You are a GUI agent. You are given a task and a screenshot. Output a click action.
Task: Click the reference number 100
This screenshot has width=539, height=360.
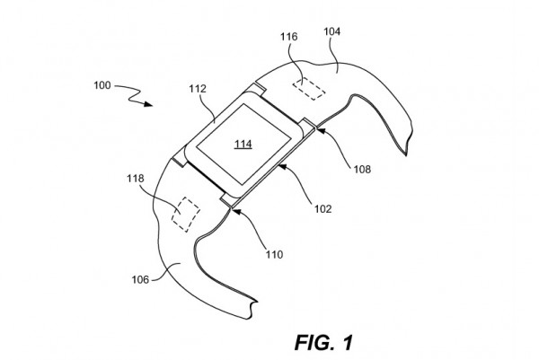pyautogui.click(x=102, y=85)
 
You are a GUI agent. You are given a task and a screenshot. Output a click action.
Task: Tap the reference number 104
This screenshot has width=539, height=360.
pyautogui.click(x=332, y=31)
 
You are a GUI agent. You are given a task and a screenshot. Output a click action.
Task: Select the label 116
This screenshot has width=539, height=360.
pyautogui.click(x=288, y=37)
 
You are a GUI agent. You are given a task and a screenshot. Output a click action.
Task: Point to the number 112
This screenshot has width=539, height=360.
pyautogui.click(x=198, y=89)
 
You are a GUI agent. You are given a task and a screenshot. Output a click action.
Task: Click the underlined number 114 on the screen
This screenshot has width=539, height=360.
pyautogui.click(x=243, y=144)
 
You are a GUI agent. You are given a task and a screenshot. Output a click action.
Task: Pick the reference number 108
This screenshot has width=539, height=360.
pyautogui.click(x=363, y=169)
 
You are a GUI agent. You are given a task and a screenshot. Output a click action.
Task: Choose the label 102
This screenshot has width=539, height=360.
pyautogui.click(x=323, y=208)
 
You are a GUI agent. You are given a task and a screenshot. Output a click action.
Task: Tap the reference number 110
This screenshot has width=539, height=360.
pyautogui.click(x=274, y=255)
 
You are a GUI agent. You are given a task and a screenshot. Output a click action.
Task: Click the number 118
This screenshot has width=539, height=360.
pyautogui.click(x=136, y=179)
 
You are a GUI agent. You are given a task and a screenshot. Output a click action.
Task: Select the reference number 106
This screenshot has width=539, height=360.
pyautogui.click(x=140, y=279)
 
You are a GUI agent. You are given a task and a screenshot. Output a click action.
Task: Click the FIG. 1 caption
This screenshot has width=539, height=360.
pyautogui.click(x=323, y=342)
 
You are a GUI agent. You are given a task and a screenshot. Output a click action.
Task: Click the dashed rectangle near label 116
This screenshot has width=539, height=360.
pyautogui.click(x=309, y=89)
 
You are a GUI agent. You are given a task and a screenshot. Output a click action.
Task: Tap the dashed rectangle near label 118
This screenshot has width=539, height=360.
pyautogui.click(x=186, y=215)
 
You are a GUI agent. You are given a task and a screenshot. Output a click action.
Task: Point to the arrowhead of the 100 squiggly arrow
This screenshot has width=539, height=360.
pyautogui.click(x=148, y=104)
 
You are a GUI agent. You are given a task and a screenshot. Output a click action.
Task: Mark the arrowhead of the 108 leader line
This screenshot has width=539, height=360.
pyautogui.click(x=319, y=130)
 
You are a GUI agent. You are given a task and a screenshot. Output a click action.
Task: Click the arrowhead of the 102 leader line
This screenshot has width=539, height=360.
pyautogui.click(x=282, y=167)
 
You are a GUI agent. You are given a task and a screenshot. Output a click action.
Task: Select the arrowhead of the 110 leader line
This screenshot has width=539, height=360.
pyautogui.click(x=235, y=211)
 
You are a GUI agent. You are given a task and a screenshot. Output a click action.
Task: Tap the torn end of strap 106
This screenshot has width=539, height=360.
pyautogui.click(x=252, y=310)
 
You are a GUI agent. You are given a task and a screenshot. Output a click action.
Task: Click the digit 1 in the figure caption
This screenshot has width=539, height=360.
pyautogui.click(x=348, y=342)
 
